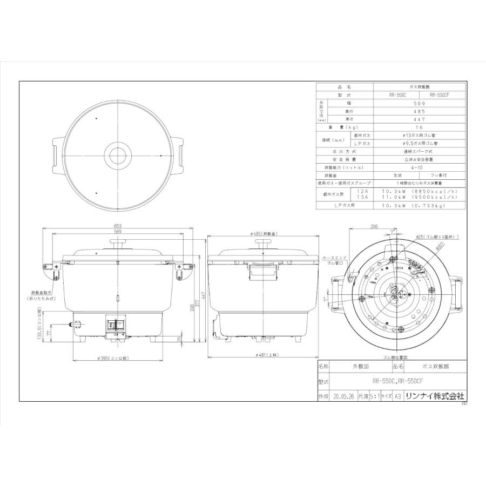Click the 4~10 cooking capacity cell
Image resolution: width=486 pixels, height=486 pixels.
[x=419, y=167]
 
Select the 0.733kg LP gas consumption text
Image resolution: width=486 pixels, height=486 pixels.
[x=436, y=206]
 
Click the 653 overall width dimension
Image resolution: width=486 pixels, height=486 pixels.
[x=117, y=226]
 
